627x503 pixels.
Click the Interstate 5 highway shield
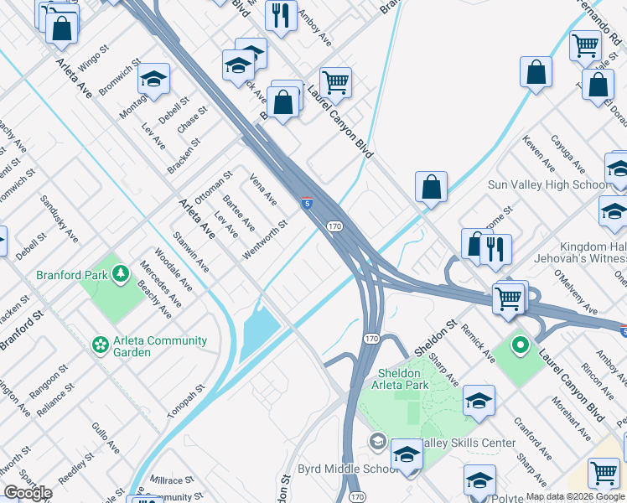tap(308, 203)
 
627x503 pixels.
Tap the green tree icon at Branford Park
tap(121, 273)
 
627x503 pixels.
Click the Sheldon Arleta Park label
tap(392, 379)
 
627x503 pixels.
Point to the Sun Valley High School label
tap(550, 184)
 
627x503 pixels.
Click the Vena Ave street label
tap(264, 189)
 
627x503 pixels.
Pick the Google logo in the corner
tap(28, 492)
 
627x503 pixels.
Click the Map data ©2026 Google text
tap(575, 496)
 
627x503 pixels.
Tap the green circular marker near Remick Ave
tap(520, 345)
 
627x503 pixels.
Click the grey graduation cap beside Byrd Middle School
tap(378, 441)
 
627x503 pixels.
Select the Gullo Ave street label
tap(105, 438)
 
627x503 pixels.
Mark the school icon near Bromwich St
tap(153, 79)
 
